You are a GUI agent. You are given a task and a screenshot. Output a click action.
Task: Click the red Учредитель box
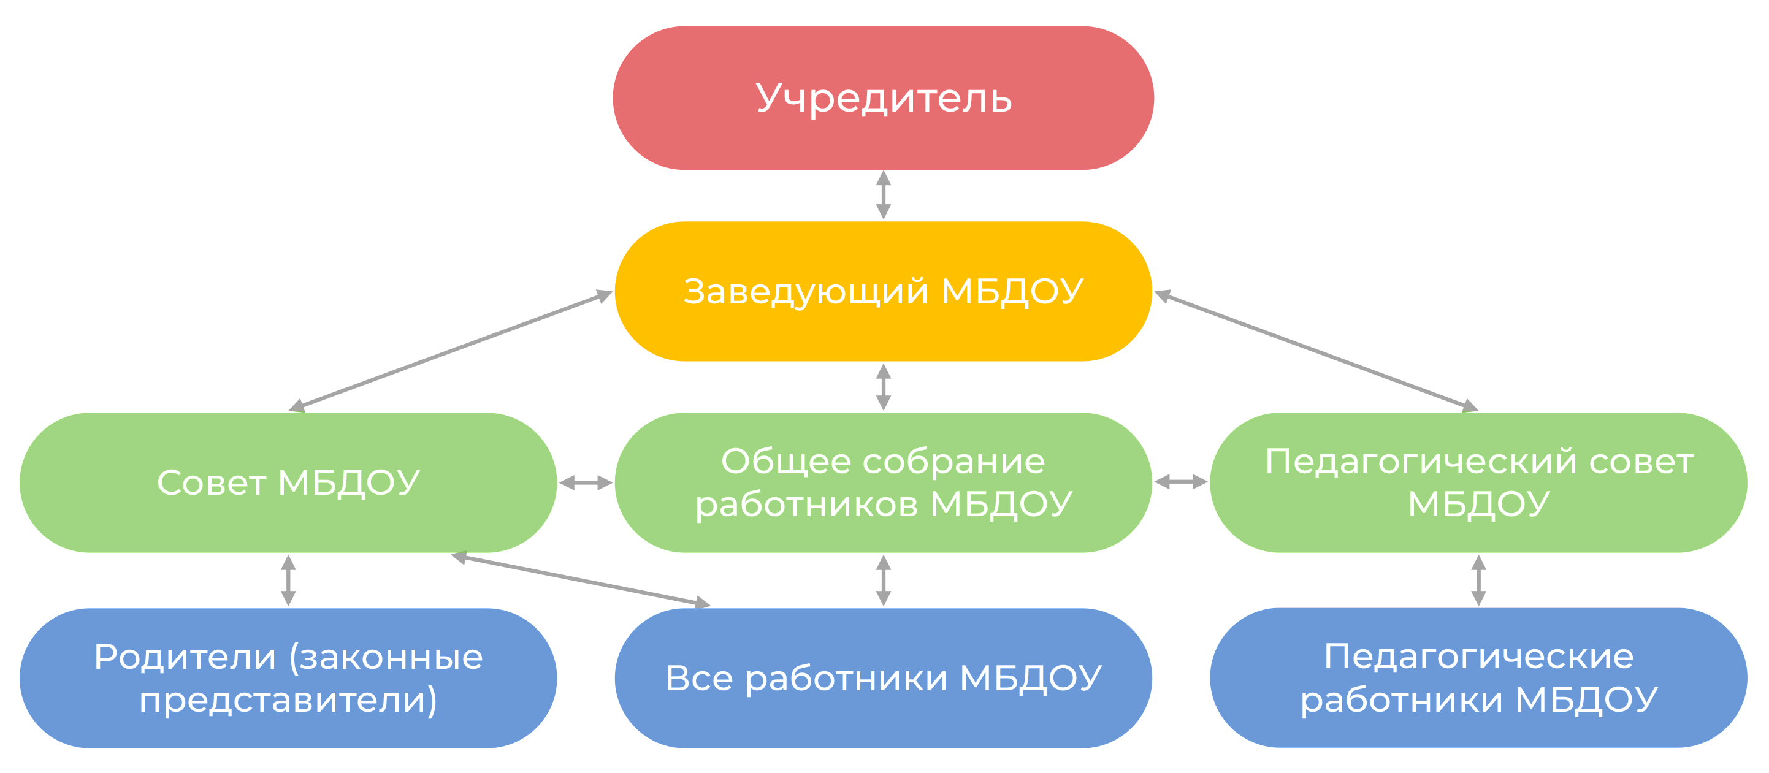(883, 98)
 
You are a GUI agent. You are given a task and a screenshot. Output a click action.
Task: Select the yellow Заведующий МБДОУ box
(883, 291)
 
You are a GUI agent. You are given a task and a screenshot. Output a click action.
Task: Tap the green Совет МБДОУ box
(288, 482)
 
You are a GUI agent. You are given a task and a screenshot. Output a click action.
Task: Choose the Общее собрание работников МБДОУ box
(883, 482)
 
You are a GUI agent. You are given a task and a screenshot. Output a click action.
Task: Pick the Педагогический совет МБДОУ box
(1478, 482)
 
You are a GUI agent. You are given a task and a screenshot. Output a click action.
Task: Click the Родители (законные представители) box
(288, 677)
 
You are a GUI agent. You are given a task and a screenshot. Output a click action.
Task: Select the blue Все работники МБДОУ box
(883, 677)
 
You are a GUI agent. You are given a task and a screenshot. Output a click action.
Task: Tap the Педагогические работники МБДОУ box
(1478, 677)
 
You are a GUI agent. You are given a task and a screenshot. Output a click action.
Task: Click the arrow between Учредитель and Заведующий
(884, 195)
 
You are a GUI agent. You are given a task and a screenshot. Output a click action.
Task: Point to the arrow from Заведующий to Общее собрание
(884, 387)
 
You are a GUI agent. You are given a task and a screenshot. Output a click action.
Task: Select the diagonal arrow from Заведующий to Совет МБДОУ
(451, 351)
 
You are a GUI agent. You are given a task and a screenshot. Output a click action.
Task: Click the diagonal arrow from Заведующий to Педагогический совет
(1316, 351)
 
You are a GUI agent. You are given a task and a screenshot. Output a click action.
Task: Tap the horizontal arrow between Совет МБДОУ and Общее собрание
(586, 482)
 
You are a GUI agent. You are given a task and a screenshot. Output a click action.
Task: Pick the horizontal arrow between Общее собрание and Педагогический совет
(1180, 482)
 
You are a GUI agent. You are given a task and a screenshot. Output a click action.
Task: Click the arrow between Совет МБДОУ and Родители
(288, 580)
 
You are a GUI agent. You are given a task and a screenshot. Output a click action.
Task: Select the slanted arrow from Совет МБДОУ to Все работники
(580, 580)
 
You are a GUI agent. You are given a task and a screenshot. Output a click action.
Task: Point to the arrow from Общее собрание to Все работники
(884, 580)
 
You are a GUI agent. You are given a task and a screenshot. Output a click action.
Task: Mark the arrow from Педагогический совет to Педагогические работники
(1478, 580)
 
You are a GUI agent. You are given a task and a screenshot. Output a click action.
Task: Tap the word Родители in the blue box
(185, 657)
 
